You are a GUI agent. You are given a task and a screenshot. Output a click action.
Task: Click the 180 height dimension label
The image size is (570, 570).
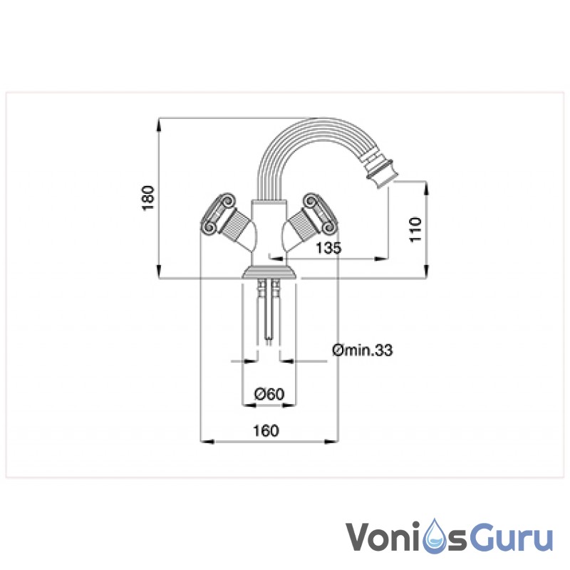[148, 198]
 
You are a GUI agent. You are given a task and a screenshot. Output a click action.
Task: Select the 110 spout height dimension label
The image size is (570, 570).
[415, 229]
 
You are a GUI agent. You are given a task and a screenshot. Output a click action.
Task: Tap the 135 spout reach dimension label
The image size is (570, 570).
[328, 248]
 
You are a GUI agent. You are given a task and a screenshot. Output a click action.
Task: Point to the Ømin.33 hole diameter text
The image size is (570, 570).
[363, 350]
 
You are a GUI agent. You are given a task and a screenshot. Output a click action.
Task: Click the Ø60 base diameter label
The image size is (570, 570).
[269, 394]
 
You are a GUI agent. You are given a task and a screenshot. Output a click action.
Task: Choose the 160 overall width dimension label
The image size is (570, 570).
[266, 431]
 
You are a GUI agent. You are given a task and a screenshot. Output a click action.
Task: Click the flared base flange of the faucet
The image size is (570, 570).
[269, 273]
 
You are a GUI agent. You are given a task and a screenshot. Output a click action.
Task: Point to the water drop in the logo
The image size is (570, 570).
[436, 537]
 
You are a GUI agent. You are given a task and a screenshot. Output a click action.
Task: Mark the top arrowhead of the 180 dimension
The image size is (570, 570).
[158, 123]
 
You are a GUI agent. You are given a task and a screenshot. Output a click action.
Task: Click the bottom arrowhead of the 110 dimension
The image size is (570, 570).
[426, 271]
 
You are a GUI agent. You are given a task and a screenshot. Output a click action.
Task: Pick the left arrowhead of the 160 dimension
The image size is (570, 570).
[207, 442]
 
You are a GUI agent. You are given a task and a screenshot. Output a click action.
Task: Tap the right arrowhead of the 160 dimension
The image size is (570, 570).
[331, 442]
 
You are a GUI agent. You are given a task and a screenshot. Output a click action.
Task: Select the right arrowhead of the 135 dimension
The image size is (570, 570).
[382, 259]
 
